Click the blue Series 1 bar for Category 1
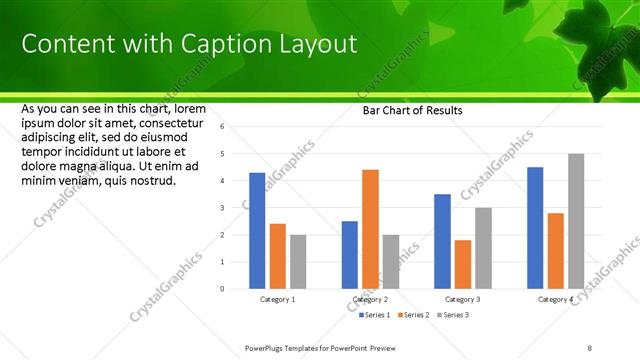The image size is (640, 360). pos(257,230)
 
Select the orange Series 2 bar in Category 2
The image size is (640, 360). pos(370,229)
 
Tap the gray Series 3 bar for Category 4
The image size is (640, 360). pos(576,221)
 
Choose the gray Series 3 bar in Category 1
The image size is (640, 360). pos(298,262)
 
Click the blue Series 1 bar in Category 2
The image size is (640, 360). pos(349,255)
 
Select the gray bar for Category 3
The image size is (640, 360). pos(483,248)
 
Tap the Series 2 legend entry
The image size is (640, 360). pos(414,315)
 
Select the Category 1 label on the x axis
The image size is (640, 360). pos(277,299)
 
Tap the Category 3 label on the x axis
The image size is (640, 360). pos(462,299)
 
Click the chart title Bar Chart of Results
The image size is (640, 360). pos(412,110)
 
